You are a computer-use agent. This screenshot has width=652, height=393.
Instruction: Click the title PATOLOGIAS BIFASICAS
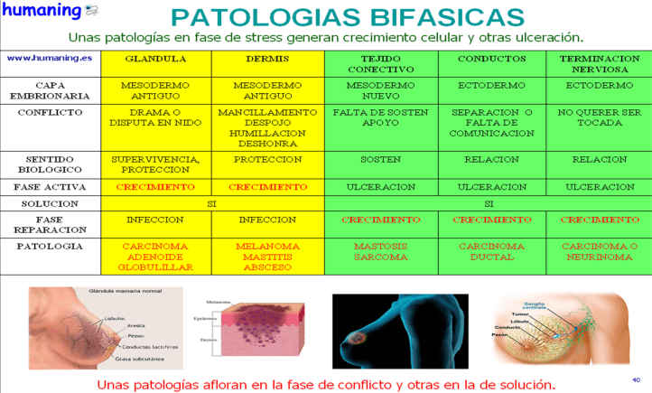click(347, 16)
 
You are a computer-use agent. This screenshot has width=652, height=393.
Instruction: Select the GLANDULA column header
click(155, 58)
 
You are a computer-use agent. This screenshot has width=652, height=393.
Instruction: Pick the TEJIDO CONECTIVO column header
click(379, 63)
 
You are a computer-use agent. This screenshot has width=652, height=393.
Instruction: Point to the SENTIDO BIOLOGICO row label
click(50, 164)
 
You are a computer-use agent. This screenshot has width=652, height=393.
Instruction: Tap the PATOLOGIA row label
click(50, 245)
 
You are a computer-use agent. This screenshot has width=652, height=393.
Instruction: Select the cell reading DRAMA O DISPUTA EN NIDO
click(155, 118)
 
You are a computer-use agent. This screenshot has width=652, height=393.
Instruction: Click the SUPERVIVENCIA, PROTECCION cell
click(155, 164)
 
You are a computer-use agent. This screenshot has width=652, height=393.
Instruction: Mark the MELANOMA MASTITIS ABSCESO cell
click(266, 256)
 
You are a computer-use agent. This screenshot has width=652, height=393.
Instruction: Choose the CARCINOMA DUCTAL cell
click(492, 250)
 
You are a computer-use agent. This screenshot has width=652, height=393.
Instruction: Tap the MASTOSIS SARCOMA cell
click(379, 250)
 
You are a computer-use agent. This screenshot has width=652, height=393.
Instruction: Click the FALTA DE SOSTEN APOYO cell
click(379, 118)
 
